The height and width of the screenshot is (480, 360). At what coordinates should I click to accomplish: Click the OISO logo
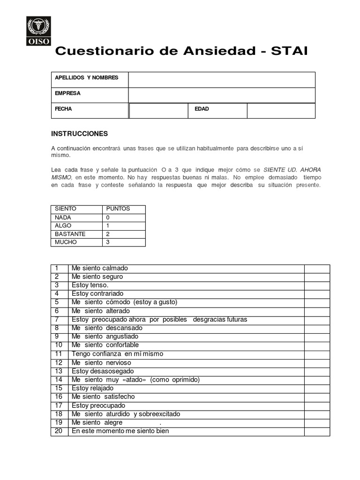pos(38,31)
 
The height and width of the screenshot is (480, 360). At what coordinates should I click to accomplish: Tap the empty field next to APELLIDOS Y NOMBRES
pos(221,80)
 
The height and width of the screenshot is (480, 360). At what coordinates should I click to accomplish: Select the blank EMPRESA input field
pos(221,95)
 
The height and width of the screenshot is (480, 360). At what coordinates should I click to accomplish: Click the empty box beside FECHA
pos(158,111)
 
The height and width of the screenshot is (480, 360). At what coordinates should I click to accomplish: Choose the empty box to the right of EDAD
pos(281,111)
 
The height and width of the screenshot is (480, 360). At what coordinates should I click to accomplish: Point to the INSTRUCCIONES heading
pos(79,134)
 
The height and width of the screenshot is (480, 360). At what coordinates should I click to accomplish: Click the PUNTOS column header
pos(118,209)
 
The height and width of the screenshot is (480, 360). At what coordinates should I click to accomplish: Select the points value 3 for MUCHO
pos(108,242)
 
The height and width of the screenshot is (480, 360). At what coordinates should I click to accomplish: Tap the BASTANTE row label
pos(70,234)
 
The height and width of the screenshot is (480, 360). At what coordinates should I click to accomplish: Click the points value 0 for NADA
pos(108,217)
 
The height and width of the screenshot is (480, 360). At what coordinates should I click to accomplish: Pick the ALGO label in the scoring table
pos(63,225)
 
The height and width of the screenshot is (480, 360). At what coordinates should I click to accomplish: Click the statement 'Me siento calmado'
pos(99,268)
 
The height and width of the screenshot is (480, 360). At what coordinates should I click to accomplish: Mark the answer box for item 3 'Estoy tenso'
pos(317,285)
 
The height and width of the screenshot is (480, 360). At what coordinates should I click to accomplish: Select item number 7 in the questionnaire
pos(57,319)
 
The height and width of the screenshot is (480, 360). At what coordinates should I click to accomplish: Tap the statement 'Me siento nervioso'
pos(101,362)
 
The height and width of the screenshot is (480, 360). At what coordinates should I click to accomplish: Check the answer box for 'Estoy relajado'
pos(317,388)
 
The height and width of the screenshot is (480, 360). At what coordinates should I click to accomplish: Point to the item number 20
pos(59,431)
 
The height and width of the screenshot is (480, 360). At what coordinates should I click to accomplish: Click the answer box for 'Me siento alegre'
pos(317,422)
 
